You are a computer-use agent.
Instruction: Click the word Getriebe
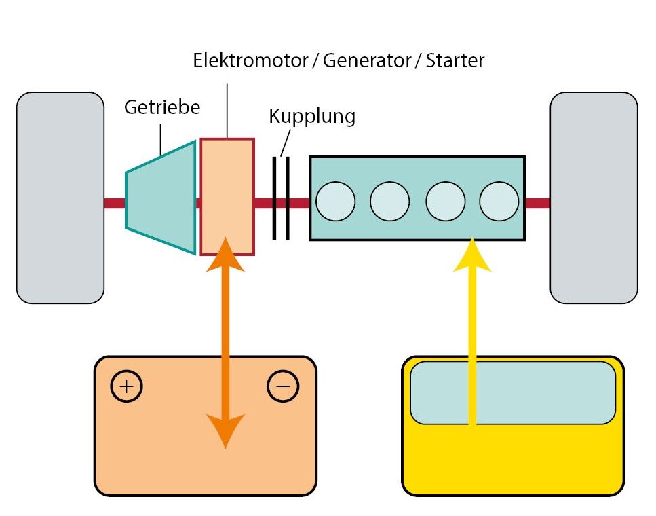[x=161, y=107]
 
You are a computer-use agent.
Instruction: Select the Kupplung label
[x=311, y=116]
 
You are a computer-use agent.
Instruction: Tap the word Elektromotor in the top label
[x=250, y=60]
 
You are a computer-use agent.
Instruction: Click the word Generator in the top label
[x=367, y=60]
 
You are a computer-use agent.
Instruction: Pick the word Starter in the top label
[x=455, y=60]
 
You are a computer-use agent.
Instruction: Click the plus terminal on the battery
[x=126, y=386]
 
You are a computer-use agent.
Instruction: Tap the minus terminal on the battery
[x=283, y=386]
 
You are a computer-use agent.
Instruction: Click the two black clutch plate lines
[x=281, y=198]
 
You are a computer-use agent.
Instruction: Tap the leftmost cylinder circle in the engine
[x=336, y=202]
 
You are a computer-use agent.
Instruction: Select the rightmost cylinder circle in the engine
[x=499, y=202]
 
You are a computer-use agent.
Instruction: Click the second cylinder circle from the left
[x=390, y=202]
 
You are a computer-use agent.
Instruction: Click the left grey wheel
[x=60, y=198]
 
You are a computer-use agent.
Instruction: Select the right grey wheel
[x=594, y=198]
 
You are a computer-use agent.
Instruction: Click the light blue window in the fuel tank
[x=513, y=392]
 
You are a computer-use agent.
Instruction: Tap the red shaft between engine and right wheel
[x=537, y=203]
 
